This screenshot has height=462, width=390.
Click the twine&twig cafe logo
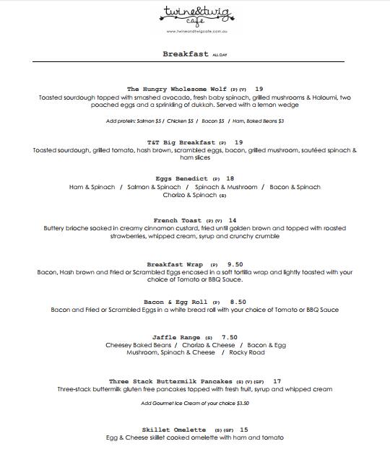point(195,15)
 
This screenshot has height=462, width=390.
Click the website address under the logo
point(195,31)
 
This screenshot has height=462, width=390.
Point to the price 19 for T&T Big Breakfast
point(239,141)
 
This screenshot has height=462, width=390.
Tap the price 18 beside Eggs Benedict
point(230,178)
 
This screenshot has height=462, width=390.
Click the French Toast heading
point(178,220)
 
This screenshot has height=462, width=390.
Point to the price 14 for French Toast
point(233,220)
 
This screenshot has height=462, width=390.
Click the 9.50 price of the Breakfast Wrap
point(235,263)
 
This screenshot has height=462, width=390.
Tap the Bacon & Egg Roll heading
point(175,301)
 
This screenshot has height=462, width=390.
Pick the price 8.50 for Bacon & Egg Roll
point(238,301)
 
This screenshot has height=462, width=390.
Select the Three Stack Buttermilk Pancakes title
point(171,380)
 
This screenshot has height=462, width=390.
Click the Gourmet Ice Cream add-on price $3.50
point(242,403)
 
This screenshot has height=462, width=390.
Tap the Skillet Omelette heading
point(173,429)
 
